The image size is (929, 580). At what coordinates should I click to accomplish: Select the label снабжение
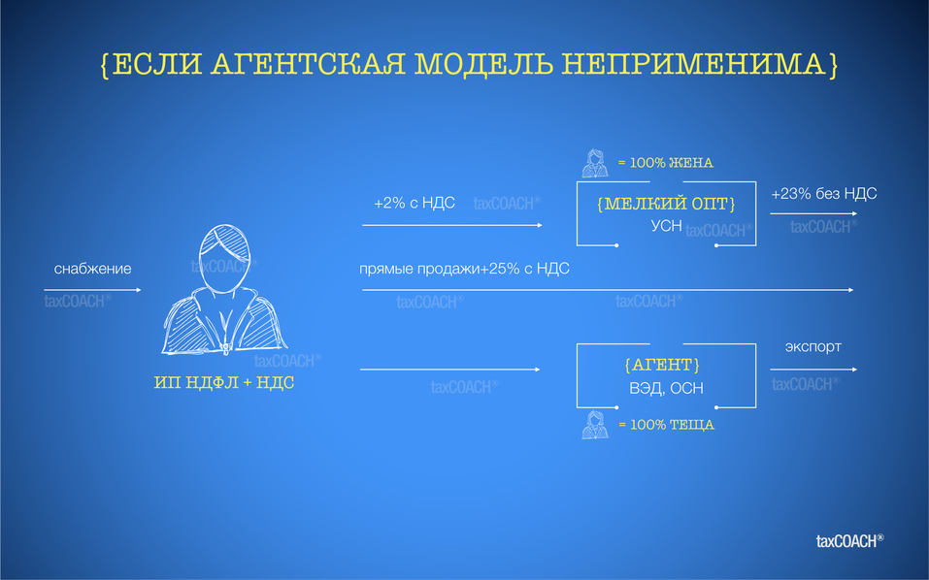(x=92, y=269)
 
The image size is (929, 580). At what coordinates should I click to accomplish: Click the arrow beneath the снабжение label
(x=92, y=290)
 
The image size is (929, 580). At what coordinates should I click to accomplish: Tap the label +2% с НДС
(x=414, y=204)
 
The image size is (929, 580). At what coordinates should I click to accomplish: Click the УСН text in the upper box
(x=666, y=226)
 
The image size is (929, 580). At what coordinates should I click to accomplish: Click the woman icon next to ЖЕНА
(x=594, y=163)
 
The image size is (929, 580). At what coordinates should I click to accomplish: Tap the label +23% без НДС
(x=823, y=194)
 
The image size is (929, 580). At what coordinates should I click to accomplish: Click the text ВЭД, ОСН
(x=665, y=388)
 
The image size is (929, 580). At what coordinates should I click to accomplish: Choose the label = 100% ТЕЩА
(x=665, y=425)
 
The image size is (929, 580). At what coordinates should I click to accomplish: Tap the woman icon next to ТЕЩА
(x=594, y=424)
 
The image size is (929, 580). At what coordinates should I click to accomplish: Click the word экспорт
(x=813, y=346)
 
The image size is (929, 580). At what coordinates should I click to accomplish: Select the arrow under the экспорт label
(x=813, y=370)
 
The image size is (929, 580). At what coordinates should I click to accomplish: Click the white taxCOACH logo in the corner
(x=849, y=540)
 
